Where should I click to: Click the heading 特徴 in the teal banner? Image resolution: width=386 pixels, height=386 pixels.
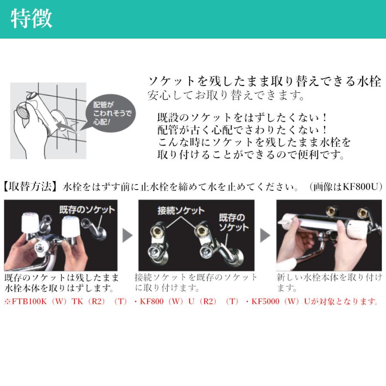[31, 19]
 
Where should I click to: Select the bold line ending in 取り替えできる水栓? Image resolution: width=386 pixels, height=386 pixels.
[264, 81]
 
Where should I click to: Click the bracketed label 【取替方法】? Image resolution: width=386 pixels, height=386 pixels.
[30, 187]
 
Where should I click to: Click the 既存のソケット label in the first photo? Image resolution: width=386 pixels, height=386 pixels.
[87, 209]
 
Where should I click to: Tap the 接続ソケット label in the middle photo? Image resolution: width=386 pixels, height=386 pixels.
[181, 211]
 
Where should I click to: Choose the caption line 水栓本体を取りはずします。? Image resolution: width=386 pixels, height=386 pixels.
[59, 287]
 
